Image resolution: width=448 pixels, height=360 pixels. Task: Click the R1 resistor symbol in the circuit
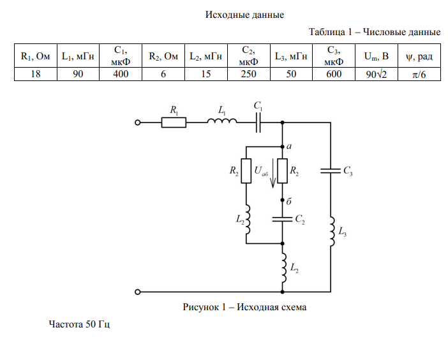[x=174, y=122]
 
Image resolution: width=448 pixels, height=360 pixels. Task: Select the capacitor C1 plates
[x=259, y=122]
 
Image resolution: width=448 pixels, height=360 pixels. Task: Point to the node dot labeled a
[x=282, y=146]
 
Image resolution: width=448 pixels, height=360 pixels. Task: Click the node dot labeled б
[x=282, y=200]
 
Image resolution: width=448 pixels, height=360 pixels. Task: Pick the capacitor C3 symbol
[x=331, y=170]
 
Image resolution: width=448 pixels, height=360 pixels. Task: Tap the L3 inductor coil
[x=331, y=231]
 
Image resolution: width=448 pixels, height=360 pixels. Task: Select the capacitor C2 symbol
[x=282, y=218]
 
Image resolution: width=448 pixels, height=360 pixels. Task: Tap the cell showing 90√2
[x=376, y=74]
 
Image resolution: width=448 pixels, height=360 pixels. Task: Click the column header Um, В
[x=376, y=56]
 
